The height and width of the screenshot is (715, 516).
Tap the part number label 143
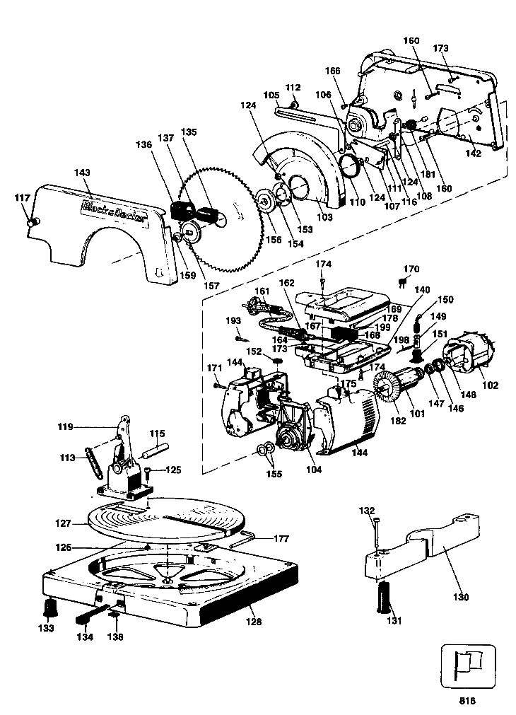81,173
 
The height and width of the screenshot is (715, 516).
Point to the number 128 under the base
254,621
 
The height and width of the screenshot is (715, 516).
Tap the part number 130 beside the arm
460,597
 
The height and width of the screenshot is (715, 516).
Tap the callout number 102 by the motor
490,385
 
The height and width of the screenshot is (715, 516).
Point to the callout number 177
281,538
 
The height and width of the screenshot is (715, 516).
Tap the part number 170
411,269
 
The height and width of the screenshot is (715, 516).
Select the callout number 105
271,95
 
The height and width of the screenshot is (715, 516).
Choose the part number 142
473,153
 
